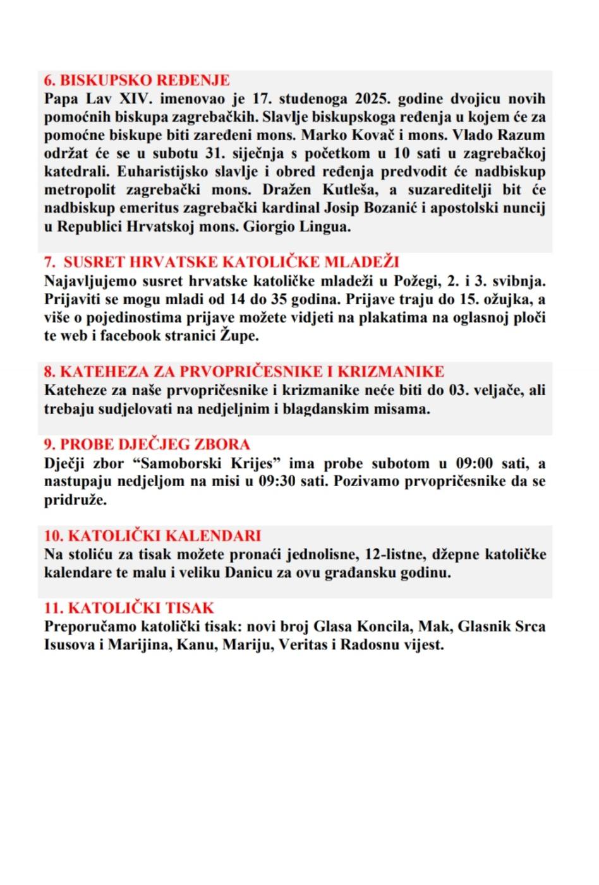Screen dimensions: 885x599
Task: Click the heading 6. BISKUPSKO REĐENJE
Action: coord(136,80)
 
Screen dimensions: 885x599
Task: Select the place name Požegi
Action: coord(416,280)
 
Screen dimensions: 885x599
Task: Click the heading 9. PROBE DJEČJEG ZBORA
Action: coord(147,444)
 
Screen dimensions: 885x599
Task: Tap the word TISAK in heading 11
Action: coord(190,609)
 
